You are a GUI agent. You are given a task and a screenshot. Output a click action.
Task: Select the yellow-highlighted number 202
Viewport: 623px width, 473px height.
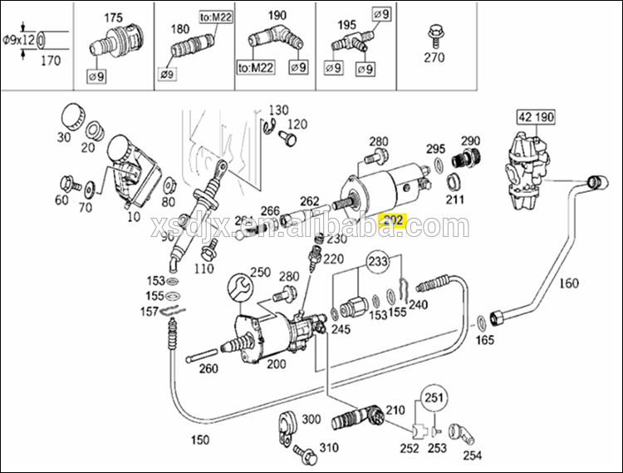click(390, 220)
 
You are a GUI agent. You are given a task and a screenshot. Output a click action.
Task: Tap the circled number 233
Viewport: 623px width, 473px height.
click(378, 263)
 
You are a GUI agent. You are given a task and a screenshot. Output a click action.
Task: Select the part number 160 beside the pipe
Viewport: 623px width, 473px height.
click(568, 283)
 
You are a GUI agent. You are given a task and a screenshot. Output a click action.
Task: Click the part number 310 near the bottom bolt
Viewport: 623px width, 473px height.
click(330, 447)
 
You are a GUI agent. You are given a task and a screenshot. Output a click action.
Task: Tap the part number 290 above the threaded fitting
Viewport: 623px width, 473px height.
click(471, 140)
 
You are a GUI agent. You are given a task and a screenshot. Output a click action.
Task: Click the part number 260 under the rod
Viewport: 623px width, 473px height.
click(208, 369)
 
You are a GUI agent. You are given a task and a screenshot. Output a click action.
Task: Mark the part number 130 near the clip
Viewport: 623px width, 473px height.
click(278, 110)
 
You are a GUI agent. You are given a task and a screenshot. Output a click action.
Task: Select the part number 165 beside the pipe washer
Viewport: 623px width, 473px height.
click(484, 340)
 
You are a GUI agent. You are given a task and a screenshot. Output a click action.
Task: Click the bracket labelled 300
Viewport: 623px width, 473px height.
click(286, 424)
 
